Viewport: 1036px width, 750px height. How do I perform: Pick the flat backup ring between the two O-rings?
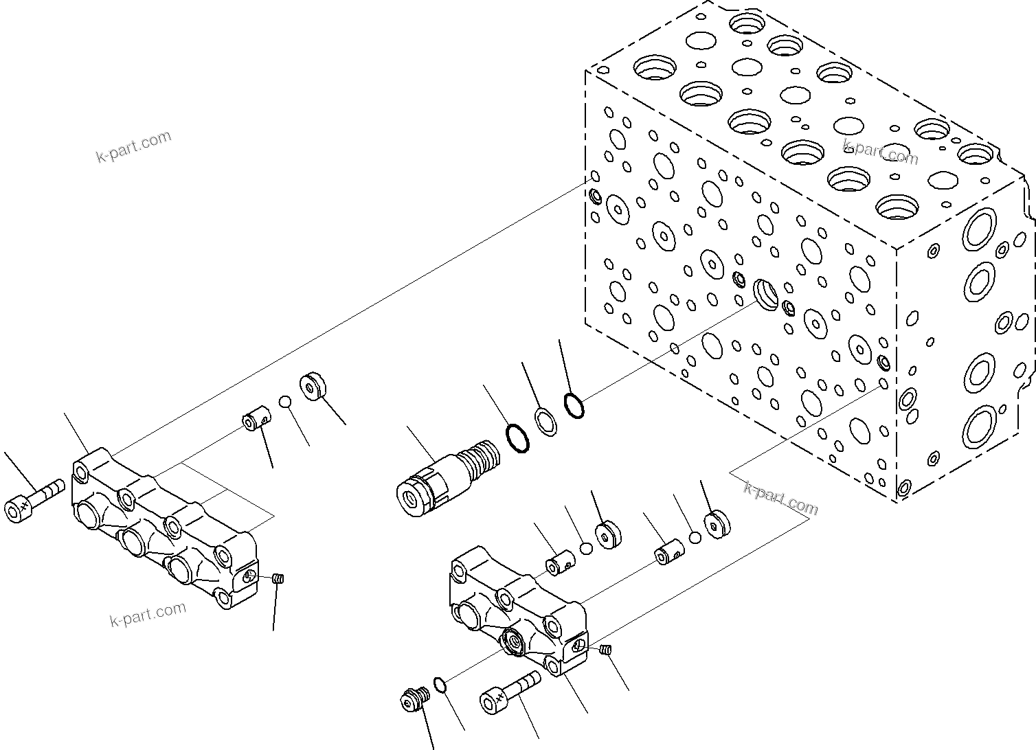(545, 422)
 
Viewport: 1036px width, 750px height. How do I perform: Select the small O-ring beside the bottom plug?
(440, 685)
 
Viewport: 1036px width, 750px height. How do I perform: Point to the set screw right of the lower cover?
(605, 650)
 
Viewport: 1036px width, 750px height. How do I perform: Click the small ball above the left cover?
(285, 401)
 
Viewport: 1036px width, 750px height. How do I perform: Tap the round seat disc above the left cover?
(313, 386)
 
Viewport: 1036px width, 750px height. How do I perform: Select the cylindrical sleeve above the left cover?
(256, 419)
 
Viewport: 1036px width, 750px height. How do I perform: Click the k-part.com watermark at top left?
(133, 146)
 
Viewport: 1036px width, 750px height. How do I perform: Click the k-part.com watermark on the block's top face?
(880, 152)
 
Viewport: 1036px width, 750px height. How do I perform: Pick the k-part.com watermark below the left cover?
(148, 614)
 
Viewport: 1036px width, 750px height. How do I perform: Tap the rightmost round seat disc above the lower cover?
(717, 525)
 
